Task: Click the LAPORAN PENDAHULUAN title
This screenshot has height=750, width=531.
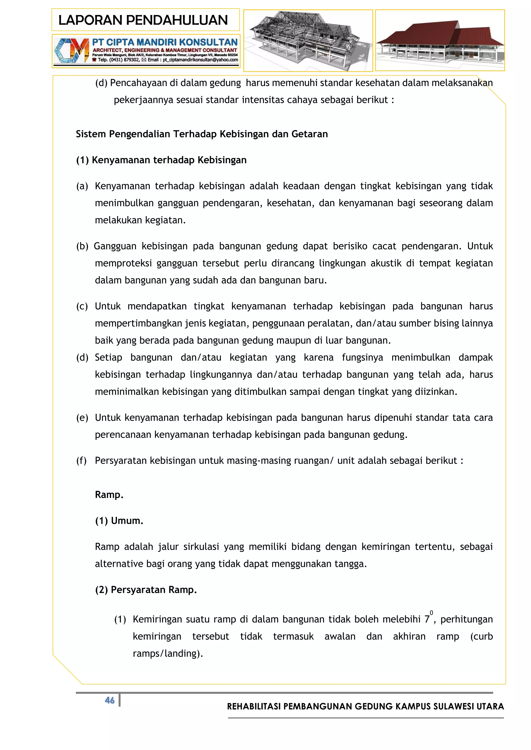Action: click(x=143, y=20)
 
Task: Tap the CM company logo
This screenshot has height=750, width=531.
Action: click(x=72, y=51)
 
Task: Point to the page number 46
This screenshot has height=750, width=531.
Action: click(x=109, y=700)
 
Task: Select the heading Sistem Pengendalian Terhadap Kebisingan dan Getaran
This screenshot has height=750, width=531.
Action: click(x=202, y=134)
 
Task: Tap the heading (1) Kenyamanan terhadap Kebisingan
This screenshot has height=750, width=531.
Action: click(x=161, y=160)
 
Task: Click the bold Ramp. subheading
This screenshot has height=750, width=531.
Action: click(x=109, y=495)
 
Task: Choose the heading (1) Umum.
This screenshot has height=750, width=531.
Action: click(x=119, y=521)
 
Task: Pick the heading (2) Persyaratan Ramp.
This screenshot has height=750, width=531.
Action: click(x=146, y=590)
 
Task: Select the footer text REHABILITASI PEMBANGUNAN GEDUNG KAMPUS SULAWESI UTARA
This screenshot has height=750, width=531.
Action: click(x=365, y=706)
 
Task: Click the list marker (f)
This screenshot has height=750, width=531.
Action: click(x=81, y=460)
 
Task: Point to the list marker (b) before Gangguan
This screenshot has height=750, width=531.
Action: click(x=82, y=246)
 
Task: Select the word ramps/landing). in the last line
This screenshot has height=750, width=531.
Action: click(x=168, y=653)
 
